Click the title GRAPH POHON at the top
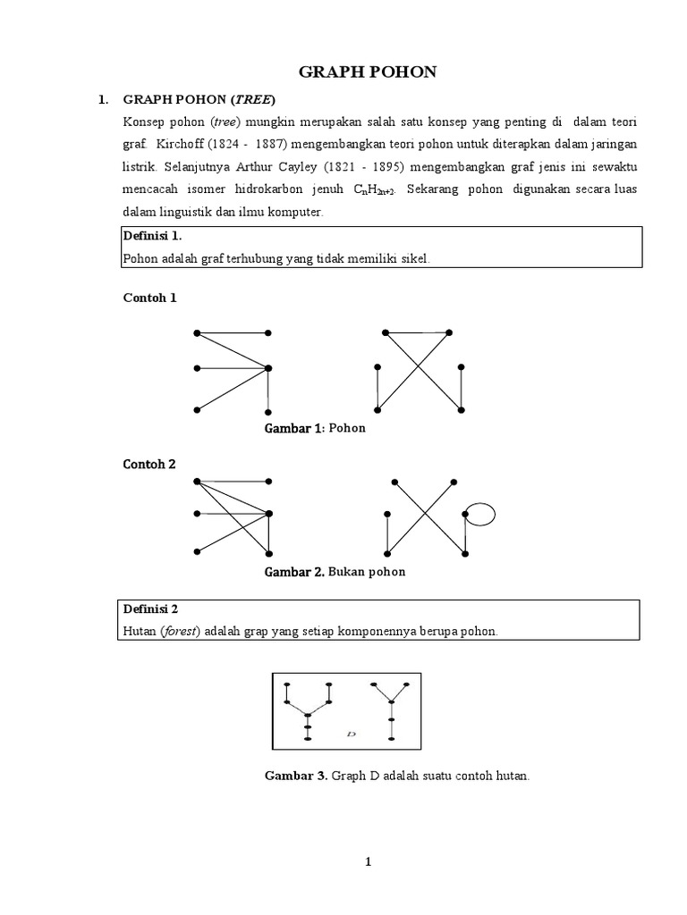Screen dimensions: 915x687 click(368, 72)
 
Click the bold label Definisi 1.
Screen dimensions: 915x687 click(151, 236)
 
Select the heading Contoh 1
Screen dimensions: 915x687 click(149, 298)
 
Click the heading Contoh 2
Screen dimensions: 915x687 click(149, 464)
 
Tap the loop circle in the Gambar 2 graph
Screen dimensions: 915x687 click(480, 514)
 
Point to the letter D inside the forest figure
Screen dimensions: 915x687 click(351, 735)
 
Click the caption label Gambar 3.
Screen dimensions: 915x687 click(296, 776)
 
